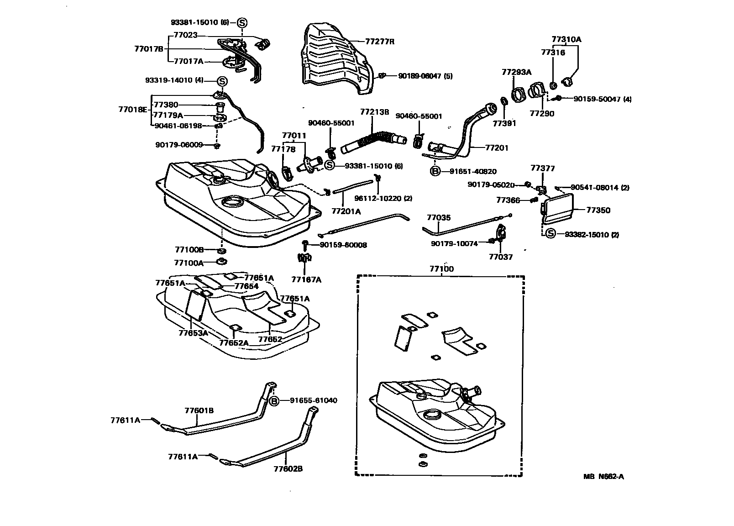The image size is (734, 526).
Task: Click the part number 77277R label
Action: click(x=379, y=42)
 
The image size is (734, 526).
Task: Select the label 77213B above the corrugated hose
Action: click(x=374, y=111)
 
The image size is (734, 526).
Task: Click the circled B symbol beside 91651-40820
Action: click(x=435, y=172)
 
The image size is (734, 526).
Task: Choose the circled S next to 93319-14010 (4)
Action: click(x=221, y=80)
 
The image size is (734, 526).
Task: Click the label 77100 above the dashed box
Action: click(x=441, y=269)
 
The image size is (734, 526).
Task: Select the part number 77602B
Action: click(x=288, y=469)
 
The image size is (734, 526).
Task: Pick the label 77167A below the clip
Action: click(x=306, y=279)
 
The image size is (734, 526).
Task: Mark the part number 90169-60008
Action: click(x=343, y=245)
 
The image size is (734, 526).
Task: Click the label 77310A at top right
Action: click(x=566, y=39)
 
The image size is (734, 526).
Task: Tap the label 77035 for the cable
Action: click(x=438, y=218)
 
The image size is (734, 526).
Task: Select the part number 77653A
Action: click(x=193, y=333)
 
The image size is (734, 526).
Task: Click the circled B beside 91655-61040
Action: click(x=273, y=400)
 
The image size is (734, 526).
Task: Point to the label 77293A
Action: click(x=516, y=72)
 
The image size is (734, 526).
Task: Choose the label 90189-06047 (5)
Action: click(x=425, y=76)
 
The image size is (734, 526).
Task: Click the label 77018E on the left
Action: click(x=133, y=110)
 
